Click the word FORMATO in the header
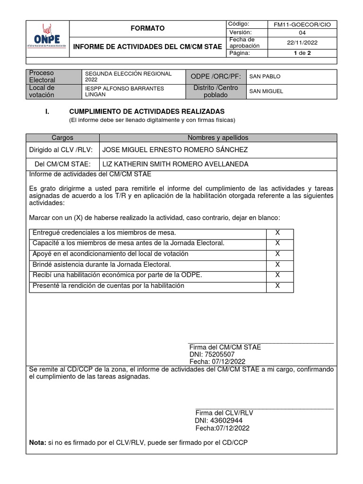(x=148, y=28)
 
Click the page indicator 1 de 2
(x=302, y=53)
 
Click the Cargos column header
(x=63, y=138)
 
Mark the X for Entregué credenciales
(x=277, y=233)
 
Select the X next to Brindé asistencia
(x=277, y=264)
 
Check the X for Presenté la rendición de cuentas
(x=277, y=285)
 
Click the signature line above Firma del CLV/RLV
(x=264, y=408)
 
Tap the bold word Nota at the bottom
(x=37, y=442)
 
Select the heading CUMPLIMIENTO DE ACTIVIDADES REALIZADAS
(x=147, y=111)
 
